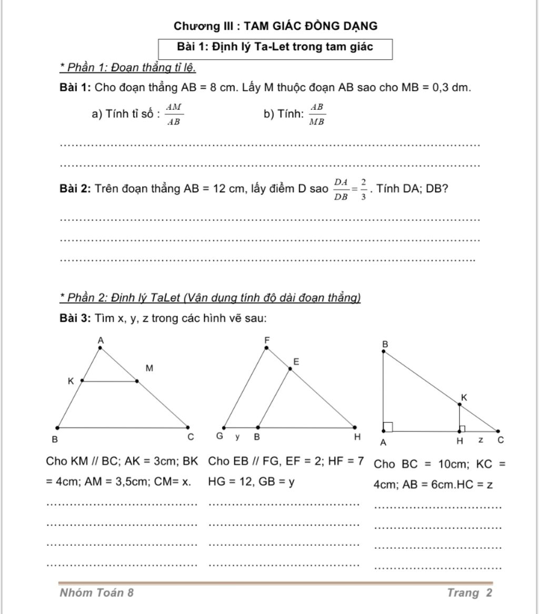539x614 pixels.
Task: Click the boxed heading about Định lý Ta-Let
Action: [x=275, y=47]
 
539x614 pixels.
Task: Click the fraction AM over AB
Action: [x=174, y=114]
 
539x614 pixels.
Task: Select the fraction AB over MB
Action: [x=317, y=114]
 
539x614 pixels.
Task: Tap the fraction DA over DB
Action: [x=342, y=190]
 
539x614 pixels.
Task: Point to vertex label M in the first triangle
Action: [x=149, y=368]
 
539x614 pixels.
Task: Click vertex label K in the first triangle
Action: [x=71, y=381]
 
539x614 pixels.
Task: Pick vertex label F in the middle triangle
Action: [x=266, y=341]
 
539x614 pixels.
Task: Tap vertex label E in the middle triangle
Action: [x=296, y=362]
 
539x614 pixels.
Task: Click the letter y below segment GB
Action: [x=237, y=437]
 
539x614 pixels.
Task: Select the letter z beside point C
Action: [x=481, y=439]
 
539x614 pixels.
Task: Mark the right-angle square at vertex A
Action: [x=388, y=426]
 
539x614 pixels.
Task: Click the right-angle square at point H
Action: [x=462, y=428]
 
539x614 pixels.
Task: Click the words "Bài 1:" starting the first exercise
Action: [x=76, y=88]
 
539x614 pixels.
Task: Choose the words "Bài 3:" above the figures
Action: [x=76, y=319]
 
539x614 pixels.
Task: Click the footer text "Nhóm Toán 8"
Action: [x=97, y=593]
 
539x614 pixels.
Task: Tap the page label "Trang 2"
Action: [x=470, y=593]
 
